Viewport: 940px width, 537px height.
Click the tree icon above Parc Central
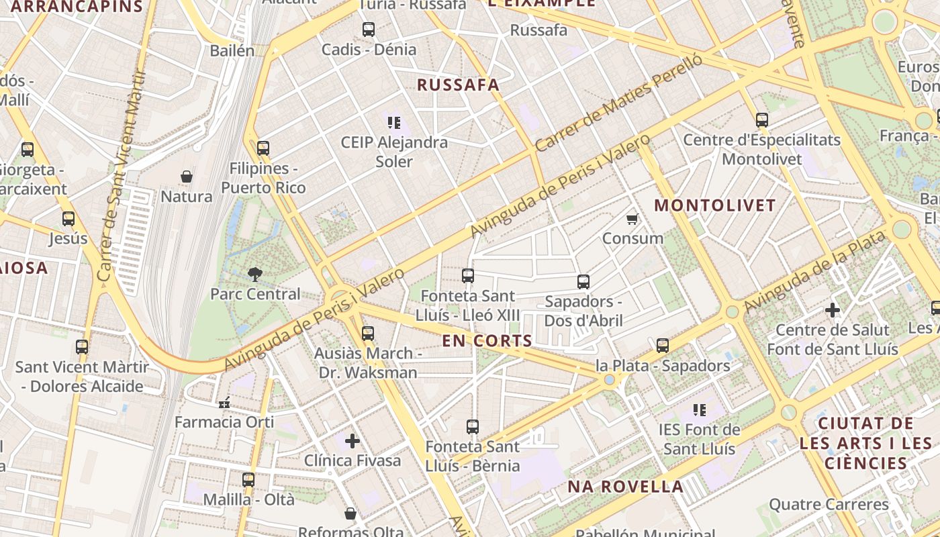254,274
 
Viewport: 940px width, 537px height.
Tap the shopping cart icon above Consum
632,219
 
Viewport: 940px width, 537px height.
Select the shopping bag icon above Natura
187,177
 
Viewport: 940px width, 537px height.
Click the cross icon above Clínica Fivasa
352,440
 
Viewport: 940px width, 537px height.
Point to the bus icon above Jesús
68,219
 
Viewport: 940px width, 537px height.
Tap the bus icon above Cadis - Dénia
369,30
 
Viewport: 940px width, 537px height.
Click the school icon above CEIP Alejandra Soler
394,122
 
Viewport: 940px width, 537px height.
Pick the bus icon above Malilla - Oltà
248,480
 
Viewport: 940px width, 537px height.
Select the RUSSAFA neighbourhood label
459,85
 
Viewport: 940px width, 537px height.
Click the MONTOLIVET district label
715,205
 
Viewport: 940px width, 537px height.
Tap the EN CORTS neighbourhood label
487,341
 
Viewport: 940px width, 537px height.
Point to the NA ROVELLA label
626,487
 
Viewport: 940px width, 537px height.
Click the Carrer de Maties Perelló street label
618,103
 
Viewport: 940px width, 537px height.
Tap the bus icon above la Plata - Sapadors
663,346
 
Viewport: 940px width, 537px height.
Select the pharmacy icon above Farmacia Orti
224,403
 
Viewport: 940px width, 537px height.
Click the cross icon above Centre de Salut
833,310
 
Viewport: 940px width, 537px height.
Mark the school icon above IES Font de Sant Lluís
700,409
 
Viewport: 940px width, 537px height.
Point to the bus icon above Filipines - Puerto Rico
263,148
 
